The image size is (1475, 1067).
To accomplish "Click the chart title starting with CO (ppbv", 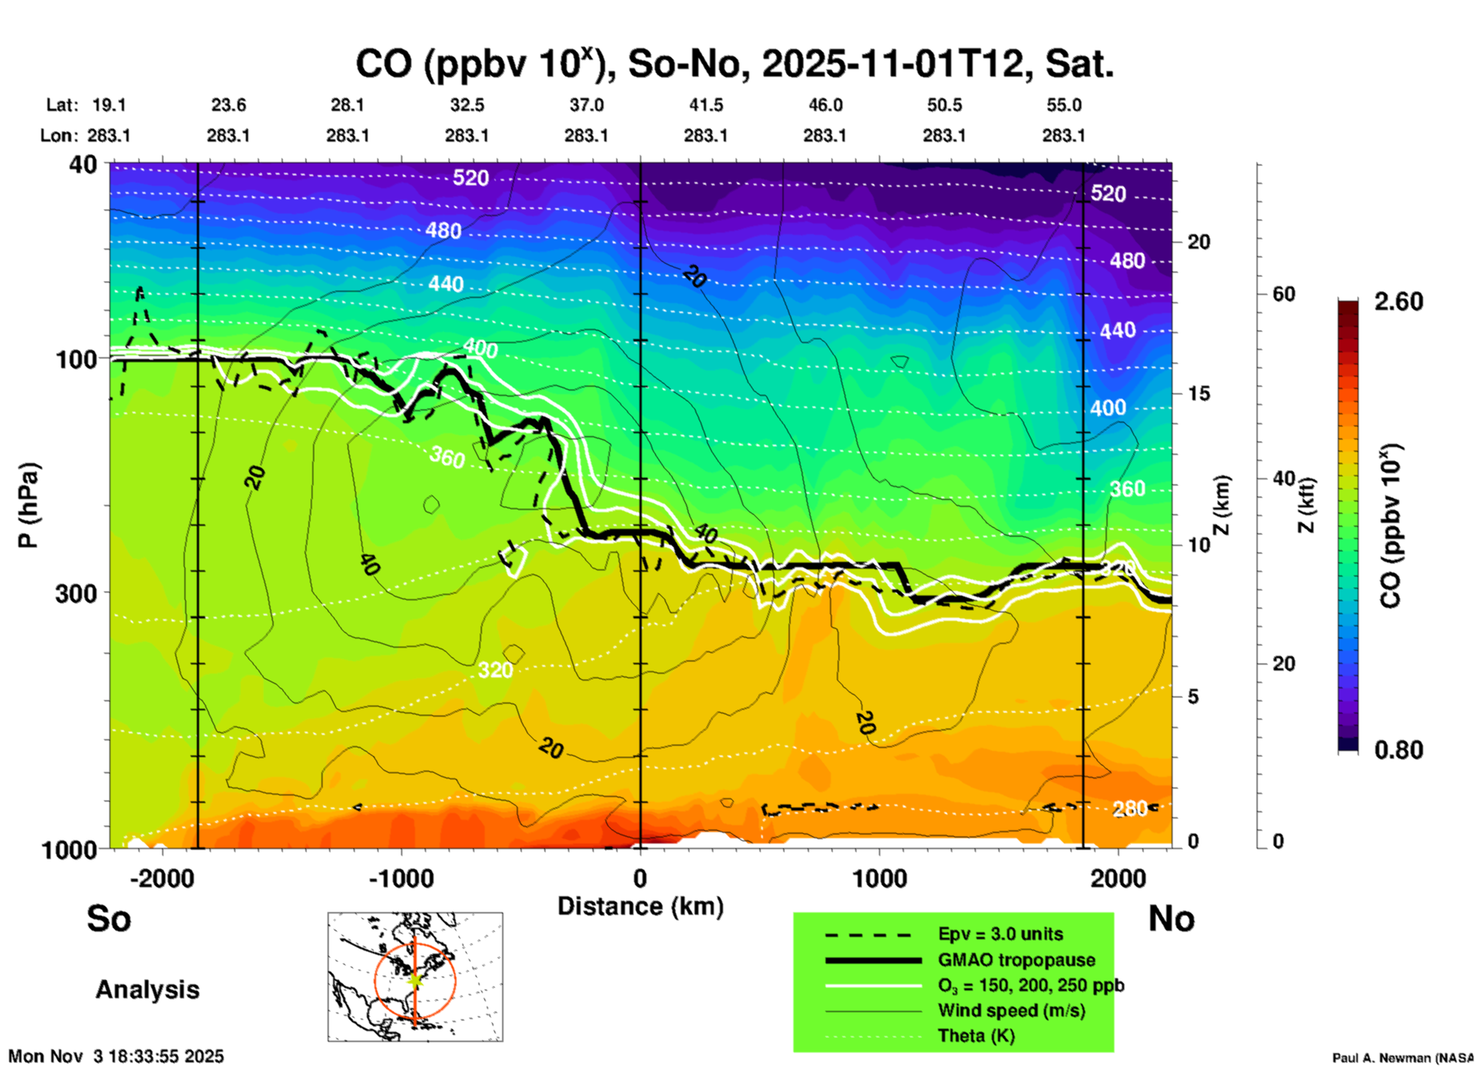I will coord(734,64).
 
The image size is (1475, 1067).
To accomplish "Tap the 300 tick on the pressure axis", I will coord(77,593).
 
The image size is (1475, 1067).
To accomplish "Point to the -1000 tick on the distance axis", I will coord(401,879).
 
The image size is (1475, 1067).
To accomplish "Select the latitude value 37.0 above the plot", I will coord(586,105).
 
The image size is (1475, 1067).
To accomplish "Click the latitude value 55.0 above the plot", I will coord(1064,105).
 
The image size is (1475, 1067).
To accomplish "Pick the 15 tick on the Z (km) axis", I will coord(1198,393).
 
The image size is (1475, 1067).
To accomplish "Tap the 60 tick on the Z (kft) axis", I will coord(1284,295).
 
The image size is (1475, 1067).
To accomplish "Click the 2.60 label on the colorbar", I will coord(1398,302).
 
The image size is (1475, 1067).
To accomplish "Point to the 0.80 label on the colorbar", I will coord(1398,750).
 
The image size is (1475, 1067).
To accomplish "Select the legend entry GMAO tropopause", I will coord(1016,960).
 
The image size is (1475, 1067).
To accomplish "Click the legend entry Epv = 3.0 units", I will coord(1000,934).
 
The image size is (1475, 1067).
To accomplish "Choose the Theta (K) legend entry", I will coord(976,1036).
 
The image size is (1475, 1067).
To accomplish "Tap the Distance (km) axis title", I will coord(640,906).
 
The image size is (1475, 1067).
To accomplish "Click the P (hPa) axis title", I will coord(28,505).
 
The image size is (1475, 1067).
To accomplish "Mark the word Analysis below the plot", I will coord(147,990).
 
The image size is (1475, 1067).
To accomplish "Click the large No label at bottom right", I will coord(1171,919).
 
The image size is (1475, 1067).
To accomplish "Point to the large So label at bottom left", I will coord(109,919).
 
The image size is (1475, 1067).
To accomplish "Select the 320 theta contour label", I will coord(495,671).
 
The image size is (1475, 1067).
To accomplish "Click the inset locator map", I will coord(415,977).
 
